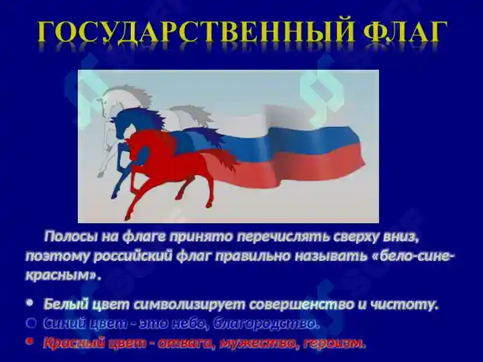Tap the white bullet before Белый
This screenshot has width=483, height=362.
(x=30, y=303)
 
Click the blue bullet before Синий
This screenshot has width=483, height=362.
(x=31, y=322)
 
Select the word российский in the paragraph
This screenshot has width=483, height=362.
(x=132, y=256)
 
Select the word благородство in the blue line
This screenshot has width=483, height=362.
(x=264, y=324)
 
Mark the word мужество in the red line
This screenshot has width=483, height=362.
(x=259, y=343)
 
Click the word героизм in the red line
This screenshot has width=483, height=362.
(x=334, y=343)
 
